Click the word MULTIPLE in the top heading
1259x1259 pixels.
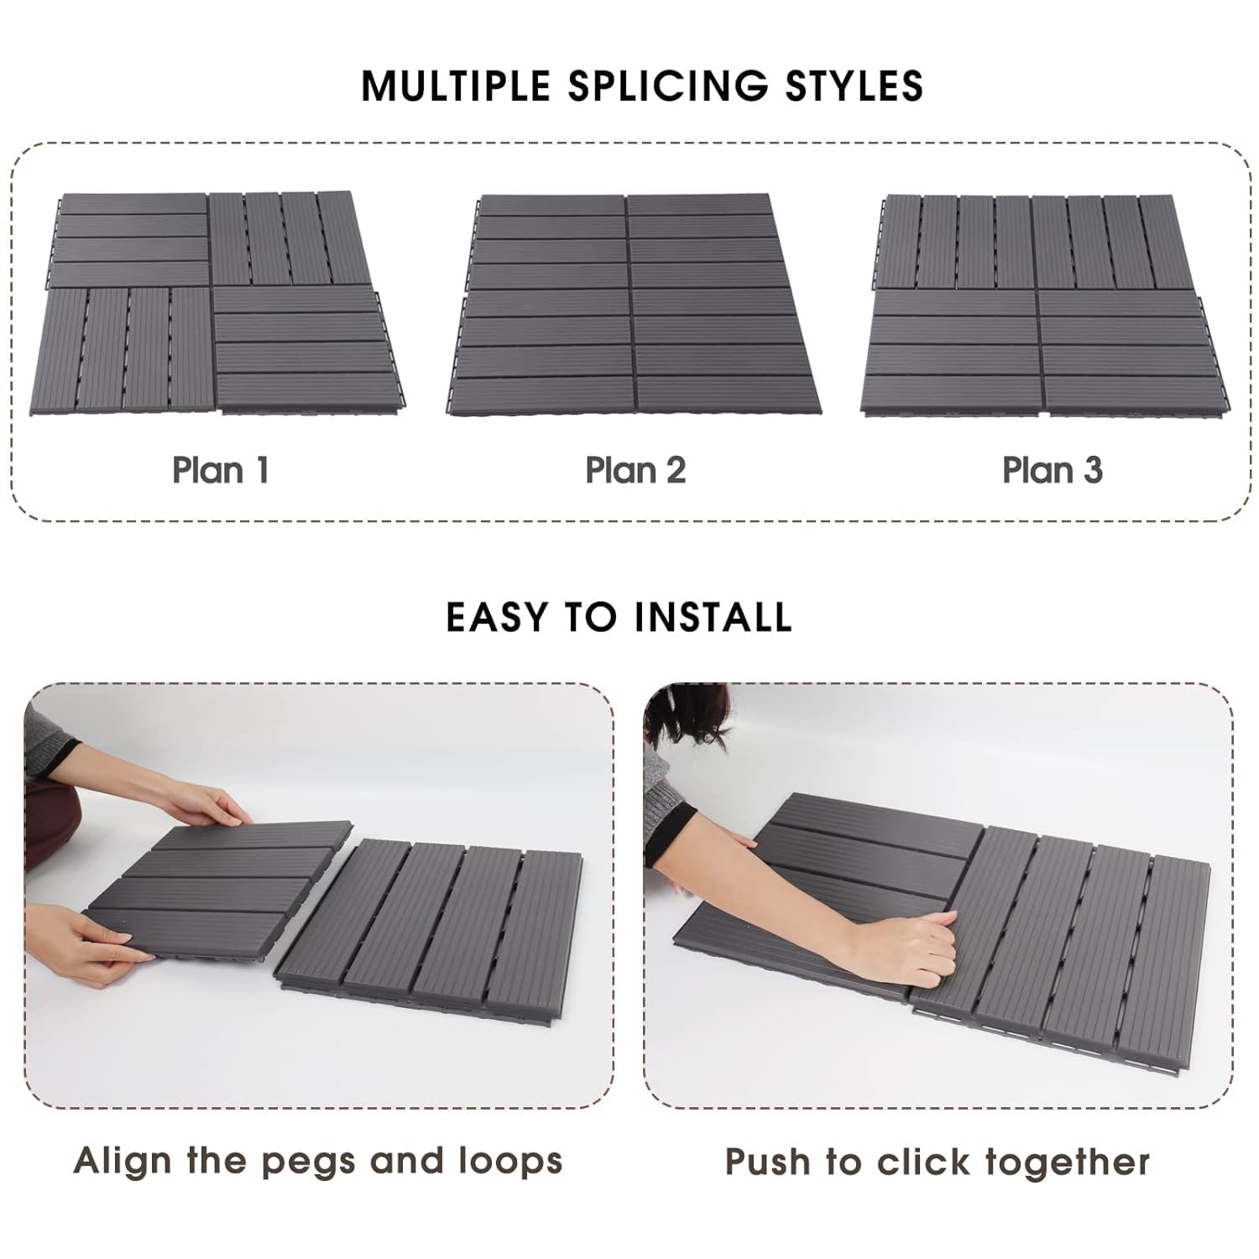tap(456, 86)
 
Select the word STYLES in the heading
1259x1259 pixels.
tap(854, 86)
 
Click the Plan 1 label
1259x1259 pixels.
tap(221, 470)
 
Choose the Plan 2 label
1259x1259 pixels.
tap(635, 470)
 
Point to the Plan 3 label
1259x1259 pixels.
tap(1053, 470)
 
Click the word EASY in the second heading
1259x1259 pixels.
tap(497, 617)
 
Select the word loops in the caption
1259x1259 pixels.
tap(510, 1162)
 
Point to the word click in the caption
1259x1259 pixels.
tap(922, 1162)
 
